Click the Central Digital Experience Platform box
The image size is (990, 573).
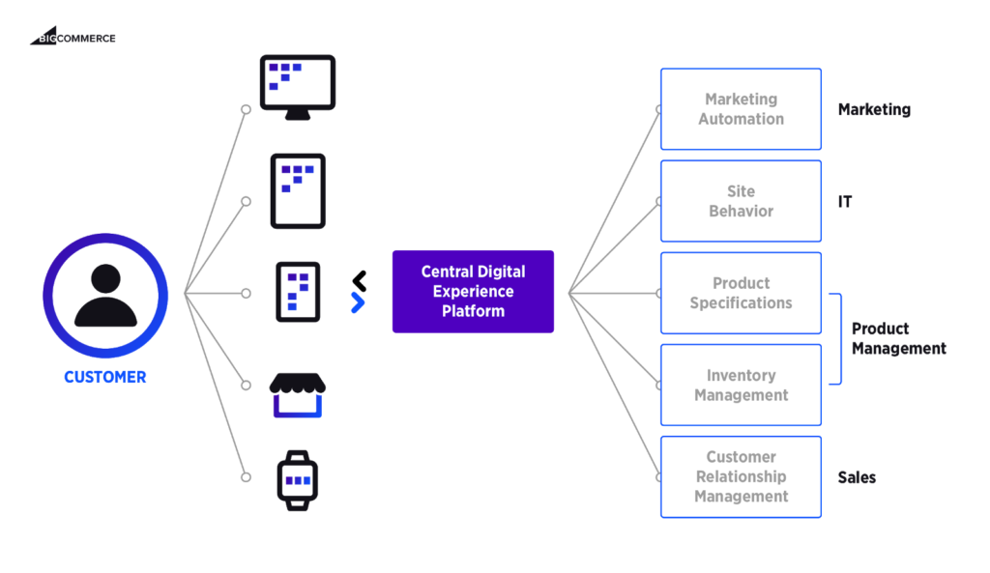473,292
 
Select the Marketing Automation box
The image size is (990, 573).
741,109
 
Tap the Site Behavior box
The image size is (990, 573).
741,201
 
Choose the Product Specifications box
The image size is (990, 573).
741,293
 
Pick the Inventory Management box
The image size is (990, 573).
741,385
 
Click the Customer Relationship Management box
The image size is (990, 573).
741,476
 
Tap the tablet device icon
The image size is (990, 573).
298,190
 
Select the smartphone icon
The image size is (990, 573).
298,292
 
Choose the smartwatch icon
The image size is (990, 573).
298,480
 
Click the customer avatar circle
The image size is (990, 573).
105,295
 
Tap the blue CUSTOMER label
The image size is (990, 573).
105,378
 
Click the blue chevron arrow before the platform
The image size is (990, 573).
358,302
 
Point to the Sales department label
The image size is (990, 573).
857,477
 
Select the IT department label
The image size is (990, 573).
845,202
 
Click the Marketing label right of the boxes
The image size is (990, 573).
874,110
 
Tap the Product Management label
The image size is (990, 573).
897,338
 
